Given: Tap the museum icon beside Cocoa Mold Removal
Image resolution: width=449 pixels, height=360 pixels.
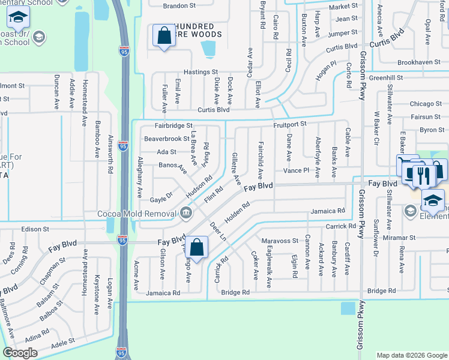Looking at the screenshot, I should click(x=186, y=212).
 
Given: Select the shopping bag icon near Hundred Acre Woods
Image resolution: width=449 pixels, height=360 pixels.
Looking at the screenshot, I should click(x=164, y=35).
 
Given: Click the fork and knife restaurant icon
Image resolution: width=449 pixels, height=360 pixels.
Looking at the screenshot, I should click(x=424, y=175).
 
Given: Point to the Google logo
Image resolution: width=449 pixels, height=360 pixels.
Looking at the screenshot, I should click(x=20, y=352).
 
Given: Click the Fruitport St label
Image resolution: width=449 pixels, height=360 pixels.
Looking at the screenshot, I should click(x=290, y=124).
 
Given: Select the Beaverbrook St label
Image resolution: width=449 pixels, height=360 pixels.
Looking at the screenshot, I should click(x=167, y=139).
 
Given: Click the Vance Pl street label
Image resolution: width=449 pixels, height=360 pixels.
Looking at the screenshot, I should click(x=296, y=171).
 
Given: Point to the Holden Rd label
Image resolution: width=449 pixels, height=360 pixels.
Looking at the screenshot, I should click(x=237, y=214).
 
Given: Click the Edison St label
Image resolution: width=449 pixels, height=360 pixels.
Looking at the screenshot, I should click(x=34, y=229).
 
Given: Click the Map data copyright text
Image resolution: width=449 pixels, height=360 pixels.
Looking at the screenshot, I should click(x=411, y=355).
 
